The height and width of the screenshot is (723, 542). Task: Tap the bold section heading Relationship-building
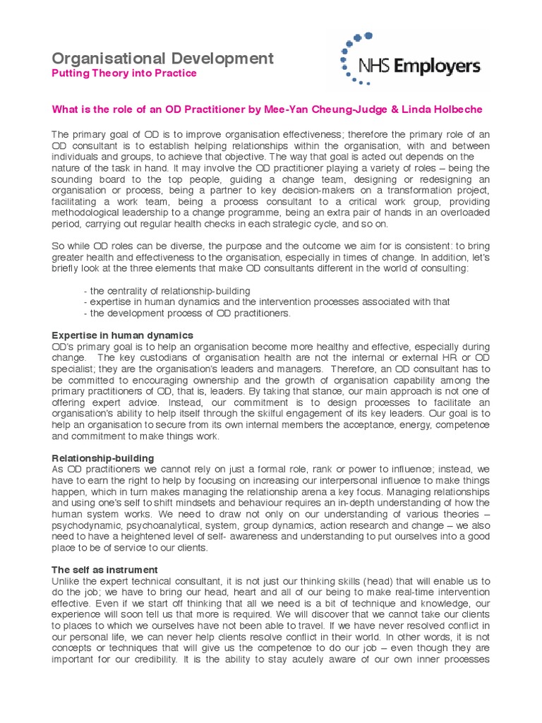[x=102, y=458]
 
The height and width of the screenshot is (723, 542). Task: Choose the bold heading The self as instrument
[x=105, y=570]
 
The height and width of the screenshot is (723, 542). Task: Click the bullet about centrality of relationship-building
[x=167, y=291]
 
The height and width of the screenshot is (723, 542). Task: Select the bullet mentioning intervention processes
[x=265, y=302]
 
